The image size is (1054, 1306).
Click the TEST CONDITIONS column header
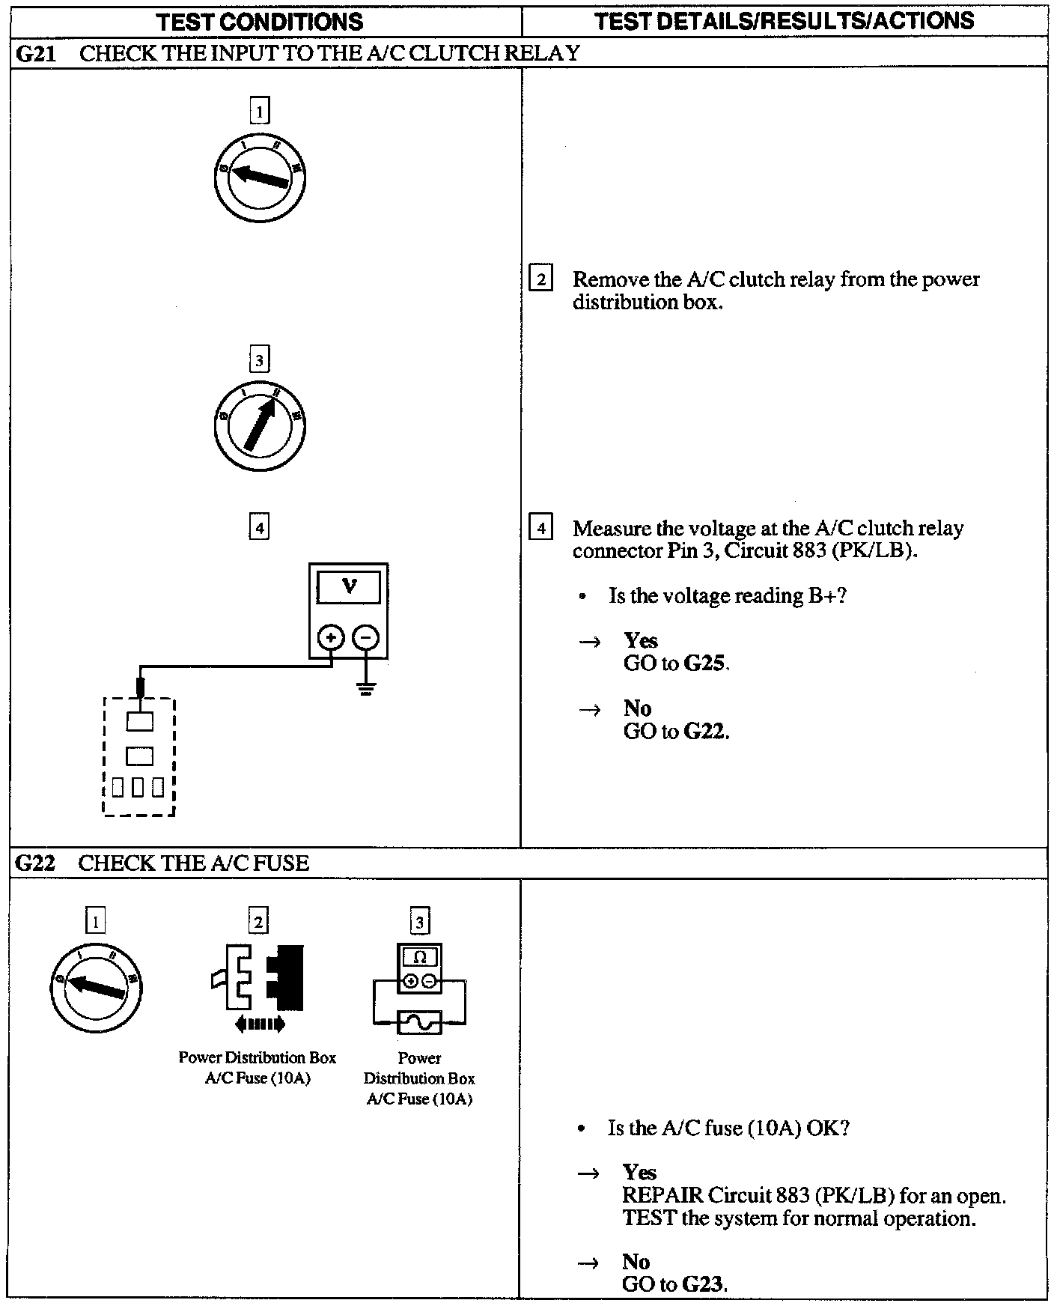coord(260,21)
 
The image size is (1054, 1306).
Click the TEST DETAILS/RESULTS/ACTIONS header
coord(784,21)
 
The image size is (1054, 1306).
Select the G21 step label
coord(35,53)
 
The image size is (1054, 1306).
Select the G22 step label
coord(35,863)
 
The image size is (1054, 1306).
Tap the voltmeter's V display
coord(348,586)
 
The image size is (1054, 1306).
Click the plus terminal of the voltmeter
coord(331,638)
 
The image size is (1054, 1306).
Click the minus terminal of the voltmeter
coord(365,638)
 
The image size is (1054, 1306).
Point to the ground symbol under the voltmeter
coord(365,689)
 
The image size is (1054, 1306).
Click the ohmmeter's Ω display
coord(420,957)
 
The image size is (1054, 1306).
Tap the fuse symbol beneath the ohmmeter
coord(419,1022)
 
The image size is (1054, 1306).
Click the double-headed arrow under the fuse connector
coord(259,1024)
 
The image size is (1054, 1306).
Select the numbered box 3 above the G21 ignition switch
coord(259,360)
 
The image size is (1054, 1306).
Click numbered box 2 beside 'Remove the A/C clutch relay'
coord(540,279)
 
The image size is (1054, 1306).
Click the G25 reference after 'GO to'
coord(706,663)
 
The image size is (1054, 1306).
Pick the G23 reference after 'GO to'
coord(704,1284)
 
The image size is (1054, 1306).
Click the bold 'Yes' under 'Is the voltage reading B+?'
coord(640,640)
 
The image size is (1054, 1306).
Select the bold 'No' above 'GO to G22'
coord(637,708)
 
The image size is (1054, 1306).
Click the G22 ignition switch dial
coord(95,989)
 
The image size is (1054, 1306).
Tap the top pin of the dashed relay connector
coord(139,720)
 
